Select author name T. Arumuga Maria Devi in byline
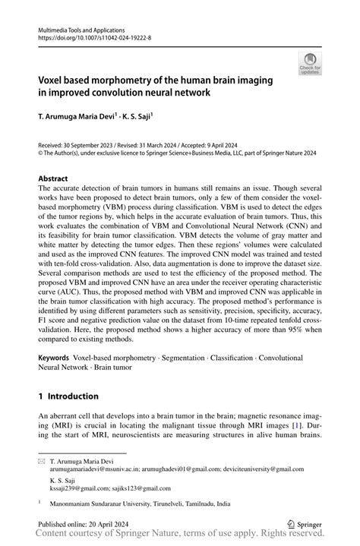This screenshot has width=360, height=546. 81,117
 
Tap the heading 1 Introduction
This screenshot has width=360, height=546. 68,396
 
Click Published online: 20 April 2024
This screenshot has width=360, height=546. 88,524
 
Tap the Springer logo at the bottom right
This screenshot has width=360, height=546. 303,524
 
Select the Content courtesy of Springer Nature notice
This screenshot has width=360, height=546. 180,537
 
